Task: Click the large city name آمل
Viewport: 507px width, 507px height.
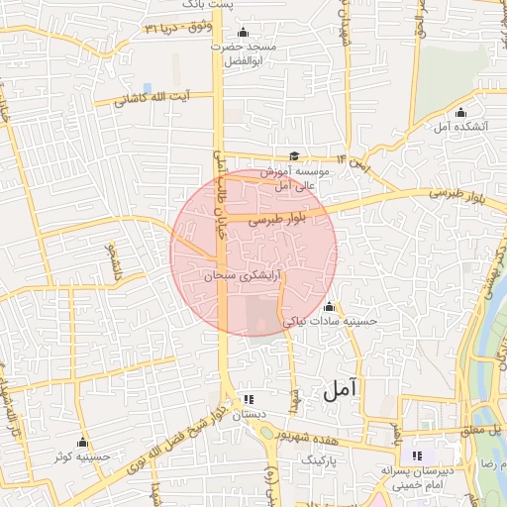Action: [338, 390]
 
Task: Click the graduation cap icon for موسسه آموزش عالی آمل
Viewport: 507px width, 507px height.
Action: [294, 154]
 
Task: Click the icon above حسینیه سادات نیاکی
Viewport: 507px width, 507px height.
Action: [329, 306]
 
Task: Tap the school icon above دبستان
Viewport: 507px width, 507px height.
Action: [247, 399]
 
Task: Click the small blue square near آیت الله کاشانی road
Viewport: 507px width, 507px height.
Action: [147, 88]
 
